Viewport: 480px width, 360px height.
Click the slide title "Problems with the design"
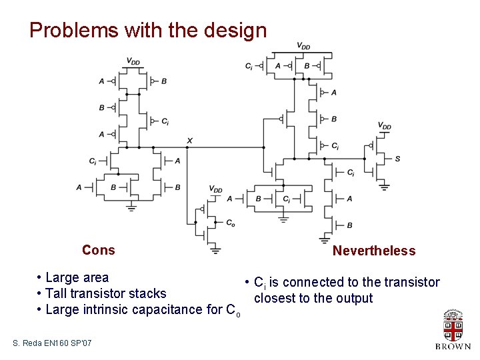pos(148,30)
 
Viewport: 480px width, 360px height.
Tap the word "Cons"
pos(98,250)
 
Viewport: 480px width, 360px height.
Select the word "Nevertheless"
pos(373,251)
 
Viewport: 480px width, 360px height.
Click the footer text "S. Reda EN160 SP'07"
pos(53,343)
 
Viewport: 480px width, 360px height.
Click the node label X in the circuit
pos(190,141)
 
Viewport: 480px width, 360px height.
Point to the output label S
pos(397,159)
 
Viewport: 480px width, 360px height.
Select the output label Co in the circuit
pos(230,223)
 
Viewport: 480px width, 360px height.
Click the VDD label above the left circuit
pos(133,61)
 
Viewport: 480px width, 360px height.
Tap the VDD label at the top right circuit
pos(303,46)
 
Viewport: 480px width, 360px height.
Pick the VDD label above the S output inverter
pos(385,125)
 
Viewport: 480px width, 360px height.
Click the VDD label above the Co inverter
pos(215,189)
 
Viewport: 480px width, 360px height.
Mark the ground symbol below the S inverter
pos(385,187)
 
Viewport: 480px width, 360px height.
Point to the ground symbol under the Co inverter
pos(215,250)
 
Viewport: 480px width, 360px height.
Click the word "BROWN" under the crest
pos(453,347)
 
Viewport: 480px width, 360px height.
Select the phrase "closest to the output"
pos(313,298)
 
